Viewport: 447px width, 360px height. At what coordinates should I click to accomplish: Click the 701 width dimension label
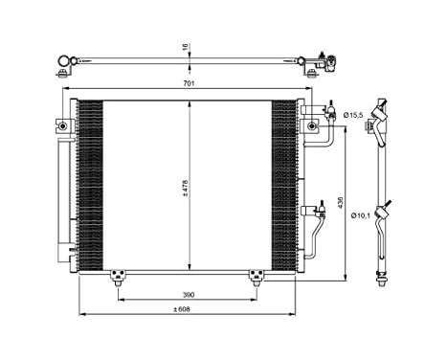pos(190,85)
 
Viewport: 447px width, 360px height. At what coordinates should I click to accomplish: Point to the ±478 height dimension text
pos(187,191)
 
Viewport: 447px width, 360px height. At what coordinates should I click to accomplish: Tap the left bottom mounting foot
pos(119,278)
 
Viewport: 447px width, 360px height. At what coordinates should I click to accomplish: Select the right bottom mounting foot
pos(257,278)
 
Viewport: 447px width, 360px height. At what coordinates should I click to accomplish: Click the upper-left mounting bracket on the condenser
pos(61,125)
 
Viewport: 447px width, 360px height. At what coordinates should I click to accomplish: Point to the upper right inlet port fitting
pos(312,124)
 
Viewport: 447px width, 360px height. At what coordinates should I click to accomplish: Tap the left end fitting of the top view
pos(64,67)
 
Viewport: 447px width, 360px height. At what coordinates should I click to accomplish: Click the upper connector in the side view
pos(383,120)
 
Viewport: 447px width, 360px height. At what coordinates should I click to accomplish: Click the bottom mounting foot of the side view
pos(384,281)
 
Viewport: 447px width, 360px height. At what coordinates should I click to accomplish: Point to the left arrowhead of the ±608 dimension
pos(80,314)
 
